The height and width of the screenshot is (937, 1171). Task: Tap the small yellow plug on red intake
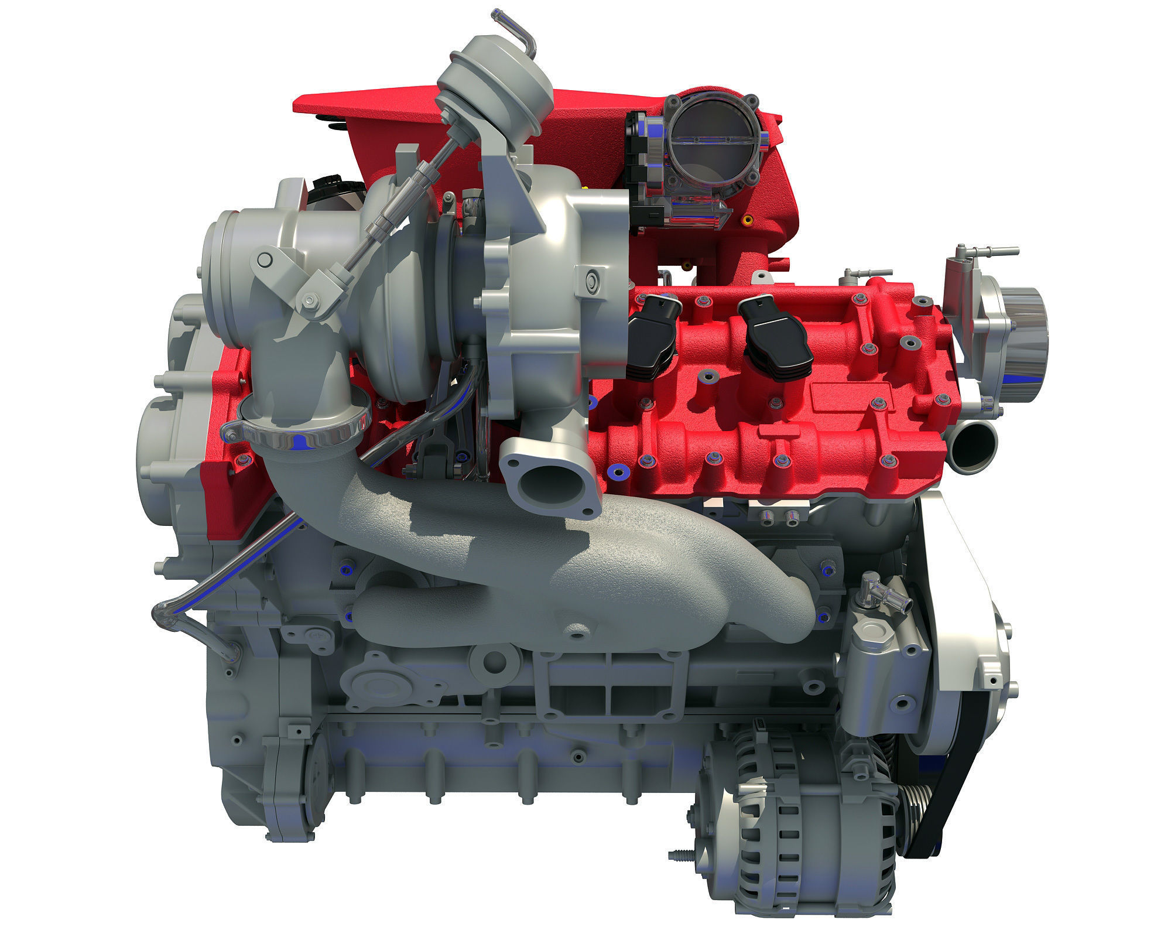747,221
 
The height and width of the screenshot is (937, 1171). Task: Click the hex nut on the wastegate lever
310,301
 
